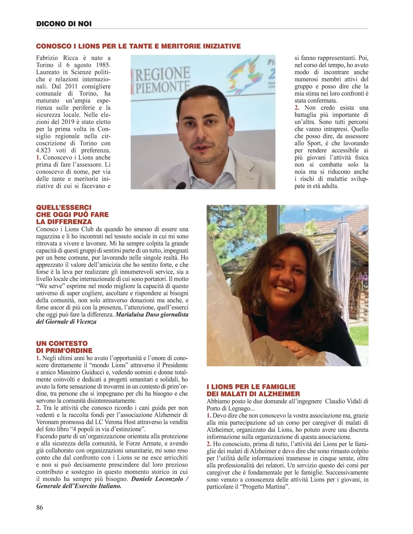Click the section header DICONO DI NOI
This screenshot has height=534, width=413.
tap(64, 24)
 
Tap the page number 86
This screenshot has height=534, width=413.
tap(40, 507)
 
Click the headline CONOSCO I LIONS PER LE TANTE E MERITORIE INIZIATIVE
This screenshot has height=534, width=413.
tap(138, 46)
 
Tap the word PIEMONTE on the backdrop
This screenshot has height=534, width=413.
tap(162, 87)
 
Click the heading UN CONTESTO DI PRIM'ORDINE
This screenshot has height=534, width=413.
tap(64, 347)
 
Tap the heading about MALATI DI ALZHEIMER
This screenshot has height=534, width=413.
tap(253, 390)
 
